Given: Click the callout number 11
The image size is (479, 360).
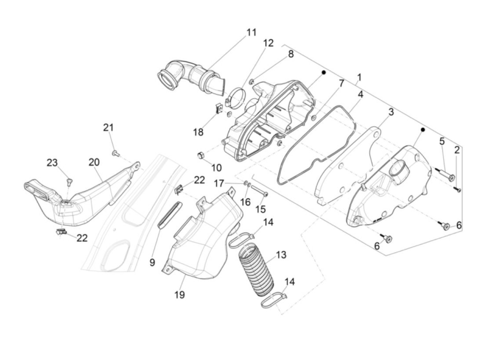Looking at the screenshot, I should [x=251, y=33].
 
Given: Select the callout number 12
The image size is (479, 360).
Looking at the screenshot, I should [x=269, y=43].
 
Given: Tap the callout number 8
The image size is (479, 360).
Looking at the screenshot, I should [x=290, y=54].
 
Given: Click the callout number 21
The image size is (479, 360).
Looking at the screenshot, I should [x=108, y=128].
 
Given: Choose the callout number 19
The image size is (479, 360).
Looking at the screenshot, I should [x=180, y=294].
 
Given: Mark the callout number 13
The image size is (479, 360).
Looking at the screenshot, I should [x=281, y=255].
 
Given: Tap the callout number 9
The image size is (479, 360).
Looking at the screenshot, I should [x=152, y=262].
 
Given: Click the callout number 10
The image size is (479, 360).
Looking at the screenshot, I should [x=216, y=168].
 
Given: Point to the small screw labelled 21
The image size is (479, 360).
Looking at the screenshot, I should [x=115, y=153].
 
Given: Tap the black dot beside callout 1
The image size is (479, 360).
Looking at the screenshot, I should [x=324, y=73].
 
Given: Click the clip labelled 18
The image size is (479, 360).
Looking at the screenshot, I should [x=218, y=108].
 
